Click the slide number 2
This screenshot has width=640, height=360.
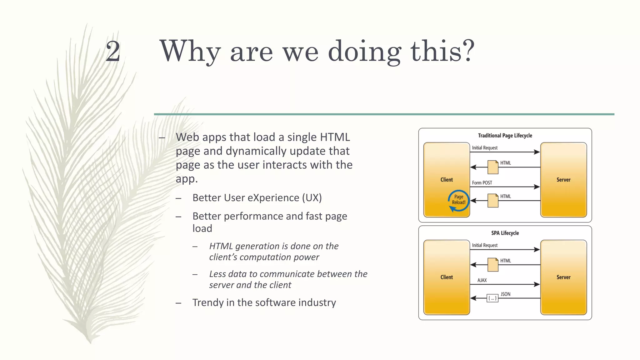pyautogui.click(x=113, y=52)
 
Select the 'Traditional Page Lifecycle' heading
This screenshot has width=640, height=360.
pyautogui.click(x=505, y=136)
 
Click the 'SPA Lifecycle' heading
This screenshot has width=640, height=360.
pyautogui.click(x=505, y=233)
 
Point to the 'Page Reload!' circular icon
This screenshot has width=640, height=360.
pyautogui.click(x=458, y=200)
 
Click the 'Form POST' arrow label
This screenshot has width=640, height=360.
pyautogui.click(x=482, y=183)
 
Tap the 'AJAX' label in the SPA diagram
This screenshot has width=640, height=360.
pyautogui.click(x=482, y=280)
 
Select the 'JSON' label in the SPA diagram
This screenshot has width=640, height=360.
pyautogui.click(x=505, y=294)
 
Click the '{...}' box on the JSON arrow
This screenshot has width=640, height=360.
pyautogui.click(x=492, y=298)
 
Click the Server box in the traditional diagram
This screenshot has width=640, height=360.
pyautogui.click(x=563, y=180)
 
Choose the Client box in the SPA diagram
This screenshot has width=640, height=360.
pyautogui.click(x=446, y=277)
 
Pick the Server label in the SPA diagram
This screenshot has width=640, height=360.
pyautogui.click(x=563, y=277)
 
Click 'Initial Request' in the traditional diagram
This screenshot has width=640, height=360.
pyautogui.click(x=485, y=148)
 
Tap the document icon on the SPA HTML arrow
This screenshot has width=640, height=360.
pyautogui.click(x=493, y=265)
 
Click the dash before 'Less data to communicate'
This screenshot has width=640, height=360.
pyautogui.click(x=195, y=274)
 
